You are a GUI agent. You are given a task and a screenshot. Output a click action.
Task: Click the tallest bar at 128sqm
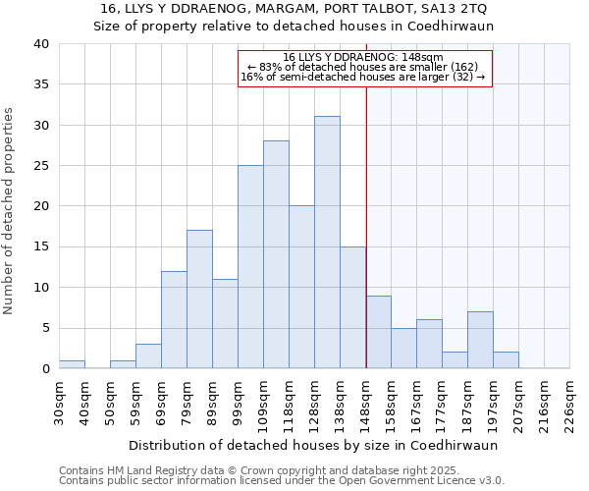tap(327, 243)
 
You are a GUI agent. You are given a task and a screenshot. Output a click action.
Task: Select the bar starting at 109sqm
tap(276, 255)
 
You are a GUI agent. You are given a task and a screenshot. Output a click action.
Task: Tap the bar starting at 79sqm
tap(199, 300)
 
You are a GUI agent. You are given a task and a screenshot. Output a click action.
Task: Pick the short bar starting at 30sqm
tap(72, 364)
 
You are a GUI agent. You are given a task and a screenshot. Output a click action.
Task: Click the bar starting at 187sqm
tap(480, 340)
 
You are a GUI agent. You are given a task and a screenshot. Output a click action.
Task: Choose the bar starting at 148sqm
tap(378, 332)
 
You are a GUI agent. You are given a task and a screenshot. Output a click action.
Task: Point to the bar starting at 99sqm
tap(250, 267)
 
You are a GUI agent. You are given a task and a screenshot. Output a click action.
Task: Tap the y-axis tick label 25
tap(40, 166)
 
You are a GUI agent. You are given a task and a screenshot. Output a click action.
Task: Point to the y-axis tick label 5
tap(44, 328)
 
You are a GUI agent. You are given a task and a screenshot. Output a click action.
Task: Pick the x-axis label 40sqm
tap(84, 400)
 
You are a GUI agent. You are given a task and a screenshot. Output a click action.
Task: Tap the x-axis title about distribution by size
tap(313, 445)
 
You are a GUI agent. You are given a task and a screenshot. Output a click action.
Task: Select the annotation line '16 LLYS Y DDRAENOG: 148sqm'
tap(363, 57)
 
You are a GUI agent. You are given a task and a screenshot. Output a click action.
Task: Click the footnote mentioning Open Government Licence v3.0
tap(282, 480)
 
